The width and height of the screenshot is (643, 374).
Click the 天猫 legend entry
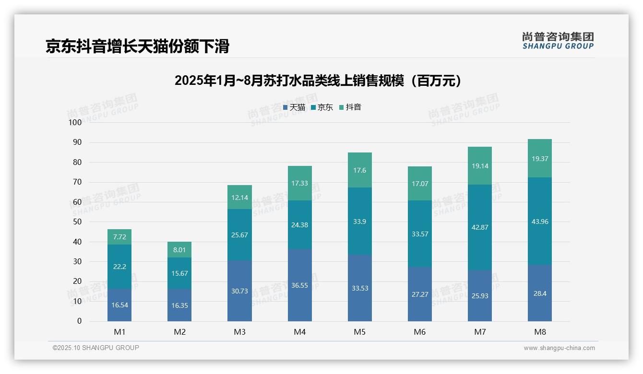tap(295, 107)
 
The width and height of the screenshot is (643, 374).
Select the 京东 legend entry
tap(322, 107)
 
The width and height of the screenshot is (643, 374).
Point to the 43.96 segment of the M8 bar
tap(540, 222)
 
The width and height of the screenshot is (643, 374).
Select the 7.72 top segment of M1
tap(119, 237)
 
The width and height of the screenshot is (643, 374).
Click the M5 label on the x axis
tap(360, 332)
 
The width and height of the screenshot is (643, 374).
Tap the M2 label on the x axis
tap(179, 332)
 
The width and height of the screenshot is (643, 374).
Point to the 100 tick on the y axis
tap(75, 122)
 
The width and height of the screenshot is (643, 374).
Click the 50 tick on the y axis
tap(77, 222)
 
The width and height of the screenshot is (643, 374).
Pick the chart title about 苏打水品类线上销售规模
tap(318, 81)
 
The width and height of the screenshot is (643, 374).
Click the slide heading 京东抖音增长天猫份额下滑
tap(138, 46)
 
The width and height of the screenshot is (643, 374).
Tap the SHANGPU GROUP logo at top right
tap(558, 41)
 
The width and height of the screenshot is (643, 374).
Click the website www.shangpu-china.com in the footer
tap(559, 348)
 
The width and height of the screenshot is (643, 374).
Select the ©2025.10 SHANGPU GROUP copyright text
tap(96, 348)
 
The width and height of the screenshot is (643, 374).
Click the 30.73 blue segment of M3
tap(239, 291)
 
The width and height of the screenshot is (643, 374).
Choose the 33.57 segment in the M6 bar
tap(420, 234)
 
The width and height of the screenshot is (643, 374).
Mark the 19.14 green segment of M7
tap(480, 166)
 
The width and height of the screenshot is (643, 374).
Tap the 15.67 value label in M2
tap(179, 273)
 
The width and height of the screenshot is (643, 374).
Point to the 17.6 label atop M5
tap(360, 170)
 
